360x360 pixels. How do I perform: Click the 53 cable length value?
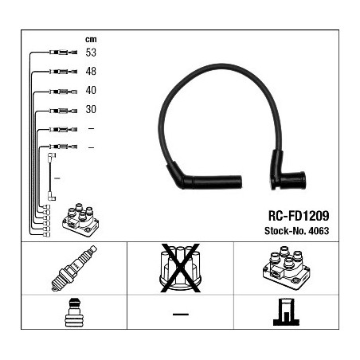coord(91,53)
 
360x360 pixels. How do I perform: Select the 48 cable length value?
coord(91,71)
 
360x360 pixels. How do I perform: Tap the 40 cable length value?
coord(91,90)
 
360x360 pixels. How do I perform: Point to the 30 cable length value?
coord(91,109)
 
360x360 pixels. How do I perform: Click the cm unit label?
coord(91,40)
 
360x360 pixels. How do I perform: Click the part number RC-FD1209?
coord(299,216)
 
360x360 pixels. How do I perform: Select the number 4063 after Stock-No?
coord(319,231)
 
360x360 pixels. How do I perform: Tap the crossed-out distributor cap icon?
coord(180,268)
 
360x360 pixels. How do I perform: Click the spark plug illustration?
coord(74,268)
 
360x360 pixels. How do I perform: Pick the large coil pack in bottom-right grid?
coord(287,268)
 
